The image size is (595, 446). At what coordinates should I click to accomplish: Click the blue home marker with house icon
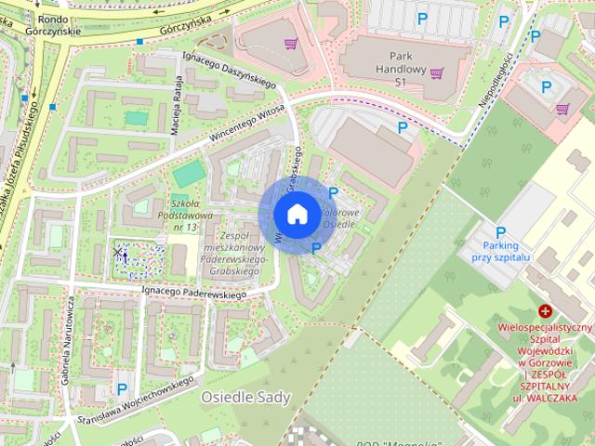click(x=296, y=214)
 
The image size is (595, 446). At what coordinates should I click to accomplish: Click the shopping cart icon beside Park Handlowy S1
click(x=437, y=73)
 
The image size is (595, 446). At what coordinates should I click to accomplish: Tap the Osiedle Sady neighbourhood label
click(x=245, y=398)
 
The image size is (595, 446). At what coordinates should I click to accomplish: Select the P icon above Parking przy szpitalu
click(x=500, y=232)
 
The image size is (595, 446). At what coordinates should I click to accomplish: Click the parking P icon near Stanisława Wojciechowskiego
click(x=122, y=387)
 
